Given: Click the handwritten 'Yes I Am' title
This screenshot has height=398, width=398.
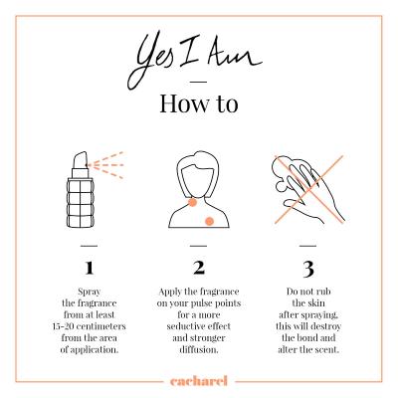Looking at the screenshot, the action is coord(195,59).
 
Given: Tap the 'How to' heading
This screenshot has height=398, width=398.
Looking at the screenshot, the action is coord(199,103).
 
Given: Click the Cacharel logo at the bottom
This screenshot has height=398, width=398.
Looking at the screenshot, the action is coord(199,381).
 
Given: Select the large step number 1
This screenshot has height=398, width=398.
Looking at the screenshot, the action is coord(90,268).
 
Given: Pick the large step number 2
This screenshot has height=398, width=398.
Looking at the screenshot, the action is coord(199,268).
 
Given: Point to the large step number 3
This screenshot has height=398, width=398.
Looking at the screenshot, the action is coord(308,270).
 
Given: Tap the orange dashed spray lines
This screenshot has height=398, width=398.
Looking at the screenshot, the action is coord(105,165).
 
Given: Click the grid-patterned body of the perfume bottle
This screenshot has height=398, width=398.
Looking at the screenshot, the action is coord(81,202).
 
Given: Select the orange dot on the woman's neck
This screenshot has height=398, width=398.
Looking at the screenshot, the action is coord(192,202).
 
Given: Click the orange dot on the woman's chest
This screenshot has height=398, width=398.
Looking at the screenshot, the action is coord(209,221).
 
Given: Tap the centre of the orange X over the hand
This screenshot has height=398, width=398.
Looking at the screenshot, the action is coord(309,189).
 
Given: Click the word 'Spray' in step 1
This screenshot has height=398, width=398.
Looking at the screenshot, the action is coord(90,293).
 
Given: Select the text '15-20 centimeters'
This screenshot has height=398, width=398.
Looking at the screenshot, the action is coord(90,326).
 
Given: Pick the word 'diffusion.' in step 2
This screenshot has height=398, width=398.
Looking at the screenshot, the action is coord(199,349).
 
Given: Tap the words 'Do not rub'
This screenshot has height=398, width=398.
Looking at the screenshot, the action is coord(308,292).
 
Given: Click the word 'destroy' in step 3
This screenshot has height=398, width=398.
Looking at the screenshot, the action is coord(325,327).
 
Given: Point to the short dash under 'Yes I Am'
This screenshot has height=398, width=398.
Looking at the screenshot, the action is coord(199,82).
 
